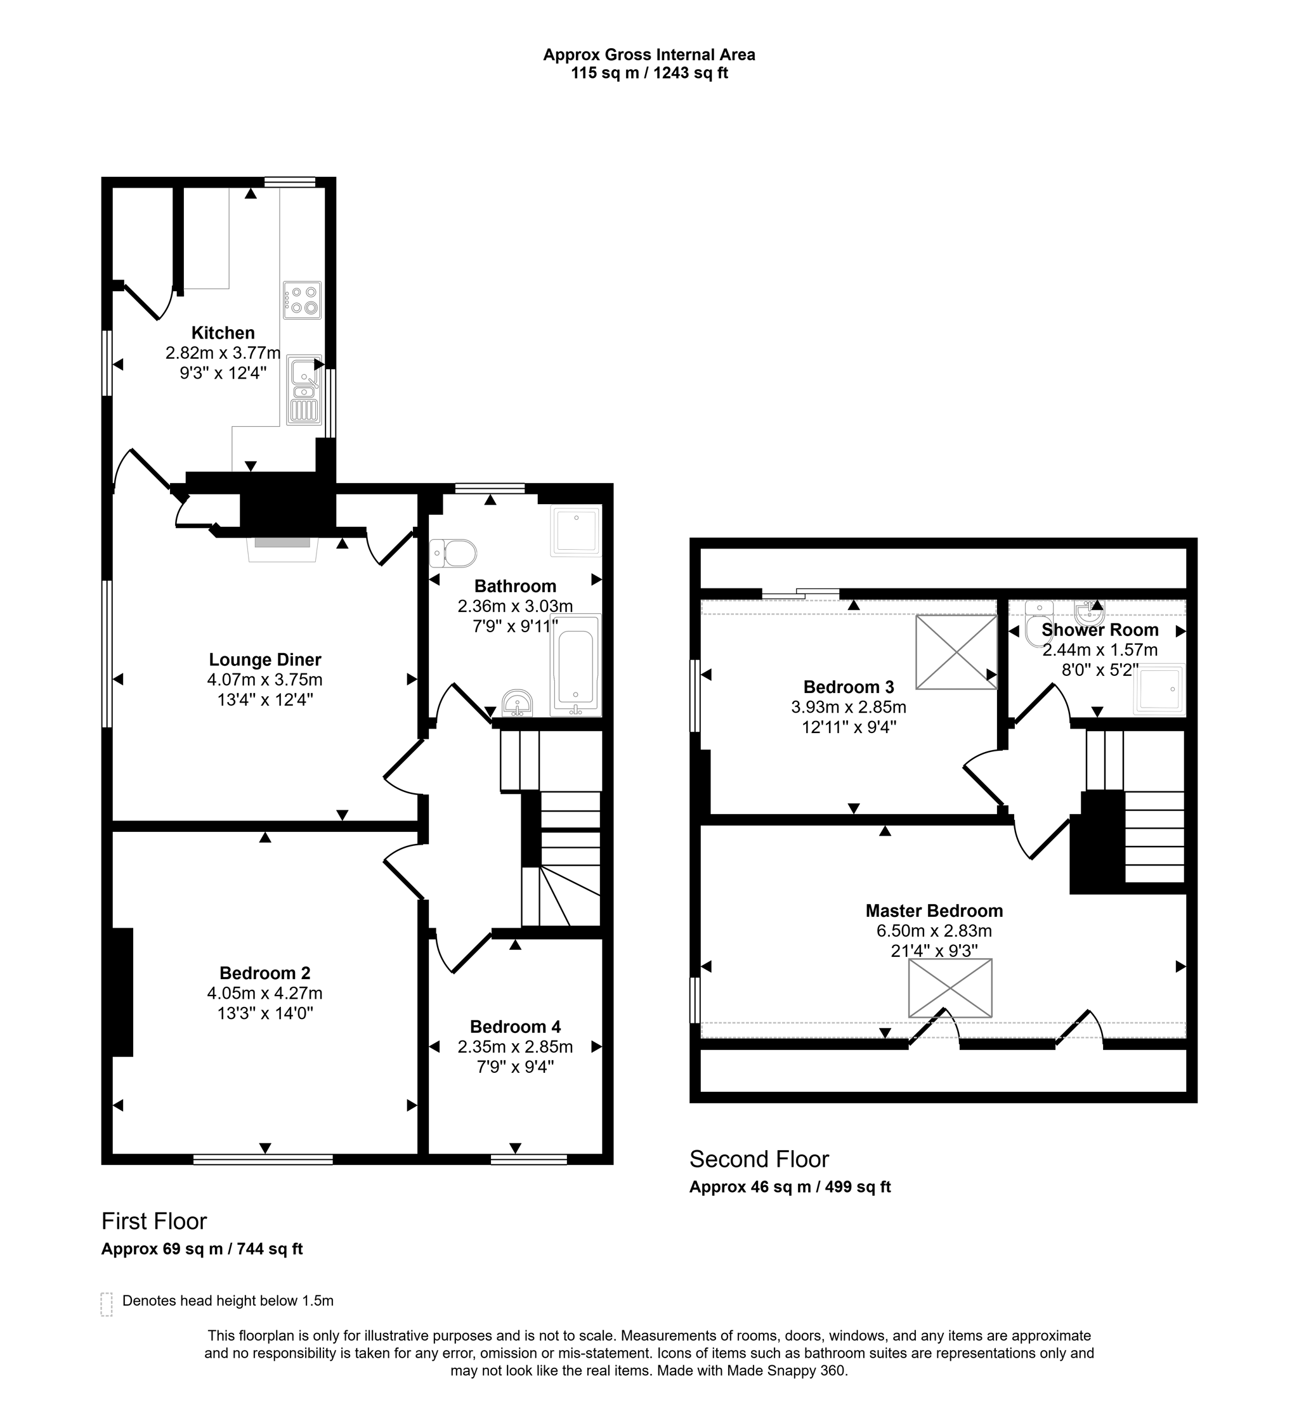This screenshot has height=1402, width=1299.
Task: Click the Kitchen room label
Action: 223,332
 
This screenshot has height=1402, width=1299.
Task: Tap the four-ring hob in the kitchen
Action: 303,300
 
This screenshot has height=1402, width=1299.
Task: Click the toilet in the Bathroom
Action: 454,553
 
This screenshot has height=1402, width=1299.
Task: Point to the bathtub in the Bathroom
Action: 577,666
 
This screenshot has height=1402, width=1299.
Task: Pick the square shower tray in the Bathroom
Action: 576,531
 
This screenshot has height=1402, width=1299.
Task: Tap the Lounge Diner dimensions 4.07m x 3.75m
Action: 264,680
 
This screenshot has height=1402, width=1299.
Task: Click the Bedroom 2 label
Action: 264,973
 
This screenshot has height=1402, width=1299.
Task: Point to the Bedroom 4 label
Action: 514,1027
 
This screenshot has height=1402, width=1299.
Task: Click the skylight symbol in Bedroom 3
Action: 956,651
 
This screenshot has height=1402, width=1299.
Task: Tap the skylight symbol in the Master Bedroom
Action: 950,988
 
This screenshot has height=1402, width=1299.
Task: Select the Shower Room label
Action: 1099,630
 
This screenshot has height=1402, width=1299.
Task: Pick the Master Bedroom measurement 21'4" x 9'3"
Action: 934,950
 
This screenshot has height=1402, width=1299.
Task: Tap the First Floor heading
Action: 154,1221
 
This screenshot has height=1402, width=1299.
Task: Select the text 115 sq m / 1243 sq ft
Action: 649,73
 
